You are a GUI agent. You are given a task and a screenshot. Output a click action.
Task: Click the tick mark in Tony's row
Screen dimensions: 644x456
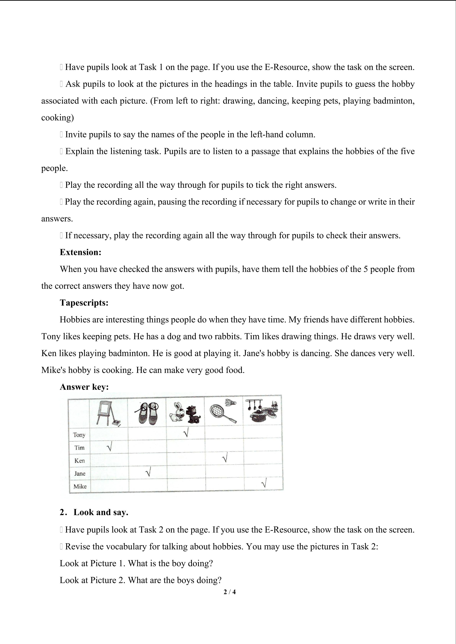pos(186,433)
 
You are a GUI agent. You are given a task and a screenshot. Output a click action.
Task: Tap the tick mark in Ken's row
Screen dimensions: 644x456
pos(224,459)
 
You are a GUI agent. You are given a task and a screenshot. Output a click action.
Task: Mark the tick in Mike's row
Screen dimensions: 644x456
pos(263,484)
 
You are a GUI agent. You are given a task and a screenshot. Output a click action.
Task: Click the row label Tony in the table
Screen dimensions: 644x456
pos(79,435)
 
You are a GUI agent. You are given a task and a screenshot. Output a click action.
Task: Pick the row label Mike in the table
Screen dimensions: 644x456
pos(80,487)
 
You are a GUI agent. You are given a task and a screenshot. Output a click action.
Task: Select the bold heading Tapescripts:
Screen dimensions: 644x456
pos(84,303)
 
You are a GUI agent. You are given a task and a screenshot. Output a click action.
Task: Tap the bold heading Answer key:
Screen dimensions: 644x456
pos(84,387)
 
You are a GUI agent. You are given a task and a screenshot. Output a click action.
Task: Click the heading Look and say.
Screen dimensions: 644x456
pos(101,512)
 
